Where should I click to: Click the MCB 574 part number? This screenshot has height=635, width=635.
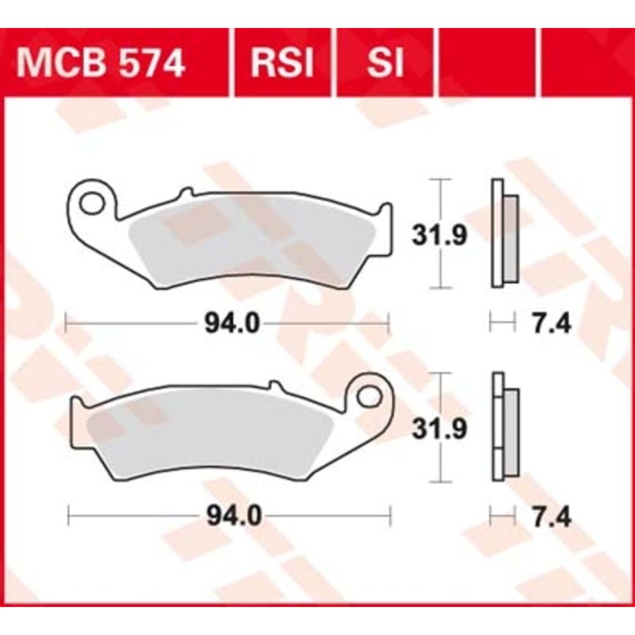[100, 63]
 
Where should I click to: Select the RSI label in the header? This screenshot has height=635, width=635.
[283, 63]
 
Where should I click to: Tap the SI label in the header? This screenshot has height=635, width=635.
[385, 63]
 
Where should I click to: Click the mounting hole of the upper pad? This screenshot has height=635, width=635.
[91, 203]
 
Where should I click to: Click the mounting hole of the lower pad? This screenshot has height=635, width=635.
[370, 396]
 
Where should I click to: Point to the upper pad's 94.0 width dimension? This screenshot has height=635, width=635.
[232, 324]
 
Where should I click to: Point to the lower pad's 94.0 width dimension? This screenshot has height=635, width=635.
[234, 516]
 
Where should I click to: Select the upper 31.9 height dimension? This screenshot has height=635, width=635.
[439, 236]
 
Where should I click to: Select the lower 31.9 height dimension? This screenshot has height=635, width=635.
[439, 429]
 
